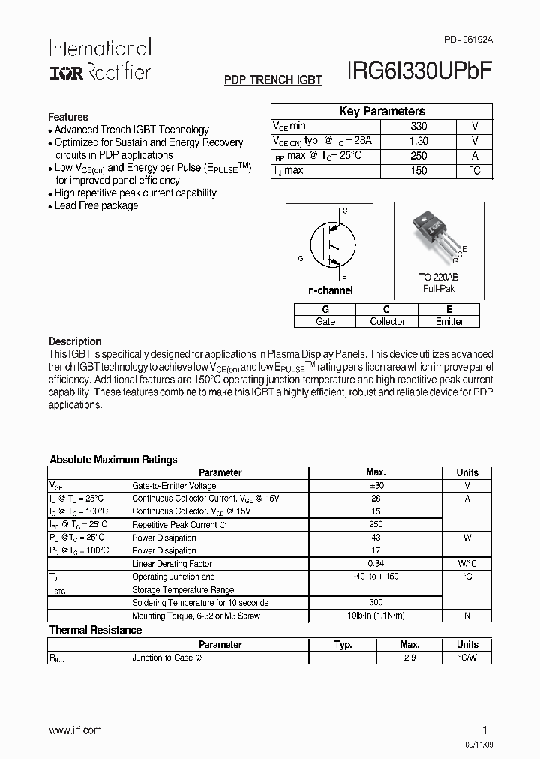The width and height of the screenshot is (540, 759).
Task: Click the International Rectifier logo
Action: (x=100, y=59)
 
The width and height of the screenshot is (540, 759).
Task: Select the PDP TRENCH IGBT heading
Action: (x=274, y=79)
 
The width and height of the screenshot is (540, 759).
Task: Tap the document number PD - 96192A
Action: (x=463, y=39)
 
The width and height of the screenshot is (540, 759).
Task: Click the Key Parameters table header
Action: (x=382, y=111)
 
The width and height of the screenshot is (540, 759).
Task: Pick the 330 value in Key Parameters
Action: (x=418, y=127)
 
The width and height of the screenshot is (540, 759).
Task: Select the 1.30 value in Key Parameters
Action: (x=418, y=141)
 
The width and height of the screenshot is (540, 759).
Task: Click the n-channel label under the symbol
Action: (x=330, y=290)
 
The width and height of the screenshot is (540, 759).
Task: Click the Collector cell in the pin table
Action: (x=387, y=321)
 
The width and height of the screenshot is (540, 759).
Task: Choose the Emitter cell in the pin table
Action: (x=449, y=321)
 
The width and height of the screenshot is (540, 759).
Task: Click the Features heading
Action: (x=68, y=117)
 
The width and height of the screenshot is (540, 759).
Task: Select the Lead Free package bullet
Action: (x=96, y=205)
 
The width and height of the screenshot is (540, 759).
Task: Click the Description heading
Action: (x=75, y=341)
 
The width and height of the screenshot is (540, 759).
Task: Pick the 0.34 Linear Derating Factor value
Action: (x=376, y=564)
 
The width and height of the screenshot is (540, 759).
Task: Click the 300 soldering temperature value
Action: (x=376, y=603)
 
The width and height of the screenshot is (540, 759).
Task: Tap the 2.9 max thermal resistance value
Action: (x=409, y=658)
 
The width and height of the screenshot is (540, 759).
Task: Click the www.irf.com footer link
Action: (x=75, y=730)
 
